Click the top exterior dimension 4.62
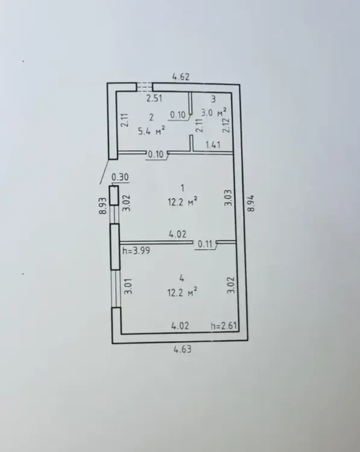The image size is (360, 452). tap(181, 77)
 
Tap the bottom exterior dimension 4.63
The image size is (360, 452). tap(182, 350)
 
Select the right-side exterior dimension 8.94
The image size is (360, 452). tap(251, 203)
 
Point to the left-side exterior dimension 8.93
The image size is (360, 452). tap(103, 206)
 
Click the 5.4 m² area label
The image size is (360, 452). tap(152, 131)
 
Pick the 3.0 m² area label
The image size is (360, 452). tap(213, 112)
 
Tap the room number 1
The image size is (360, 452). tap(182, 188)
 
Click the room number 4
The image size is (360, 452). tap(182, 278)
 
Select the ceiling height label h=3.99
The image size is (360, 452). tap(136, 251)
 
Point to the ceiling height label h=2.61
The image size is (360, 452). tap(224, 325)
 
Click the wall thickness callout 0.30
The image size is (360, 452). tap(120, 177)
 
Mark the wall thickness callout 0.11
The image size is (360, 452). tap(205, 245)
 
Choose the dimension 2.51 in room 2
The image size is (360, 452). tap(154, 99)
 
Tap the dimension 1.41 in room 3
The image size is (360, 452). tap(213, 145)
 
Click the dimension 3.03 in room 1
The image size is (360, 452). tap(228, 198)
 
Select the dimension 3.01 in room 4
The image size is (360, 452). tap(128, 286)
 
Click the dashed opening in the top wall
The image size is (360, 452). tap(145, 87)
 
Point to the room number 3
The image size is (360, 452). tap(213, 99)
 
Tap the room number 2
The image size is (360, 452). tap(152, 118)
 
